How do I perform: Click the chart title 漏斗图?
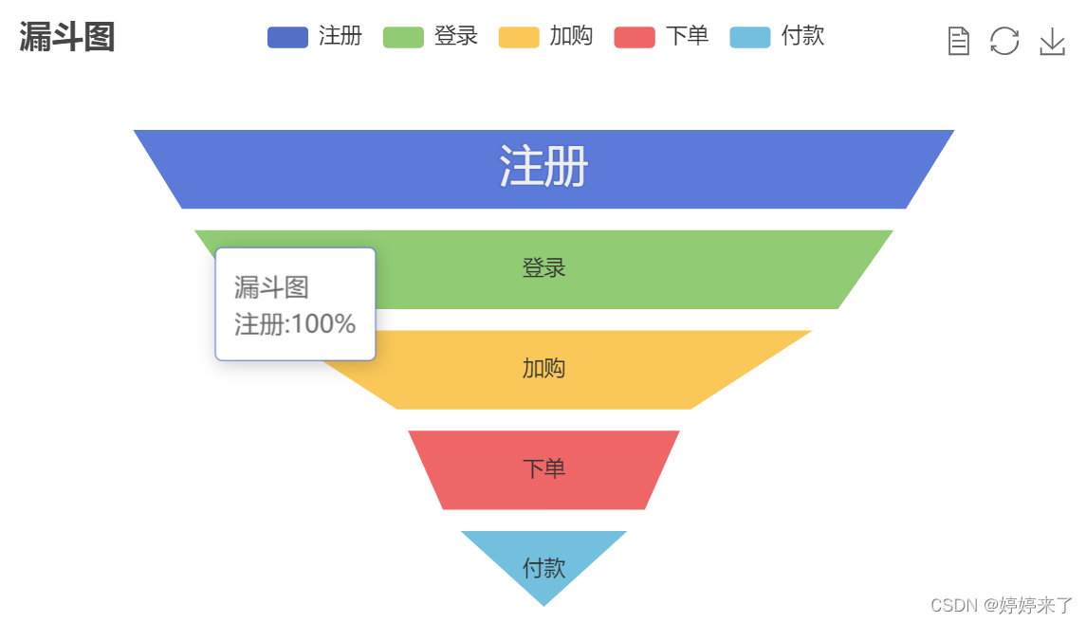66,38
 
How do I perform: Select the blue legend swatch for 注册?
287,37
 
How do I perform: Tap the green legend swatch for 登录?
403,37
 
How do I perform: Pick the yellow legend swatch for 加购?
519,37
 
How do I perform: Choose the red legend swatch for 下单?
635,37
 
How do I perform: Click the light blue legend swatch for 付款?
750,37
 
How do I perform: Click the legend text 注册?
341,36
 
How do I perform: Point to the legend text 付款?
802,36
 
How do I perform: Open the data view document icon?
959,41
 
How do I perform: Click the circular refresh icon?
1004,41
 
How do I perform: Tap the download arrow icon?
1052,41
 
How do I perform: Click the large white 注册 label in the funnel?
543,167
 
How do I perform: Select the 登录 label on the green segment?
543,268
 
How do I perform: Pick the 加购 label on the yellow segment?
543,368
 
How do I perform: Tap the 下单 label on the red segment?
543,468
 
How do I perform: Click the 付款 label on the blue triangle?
543,568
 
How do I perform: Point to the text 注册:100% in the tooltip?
295,324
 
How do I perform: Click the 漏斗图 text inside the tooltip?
271,287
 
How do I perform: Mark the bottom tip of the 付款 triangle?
543,604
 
